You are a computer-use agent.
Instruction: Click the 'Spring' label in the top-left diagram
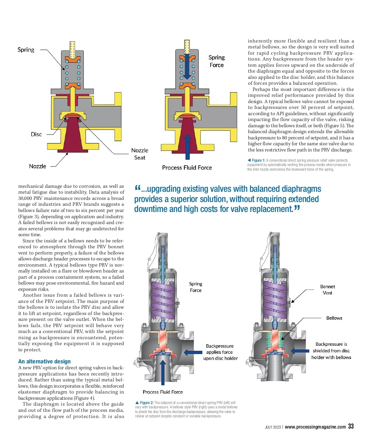[x=26, y=50]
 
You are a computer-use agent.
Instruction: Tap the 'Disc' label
[x=36, y=134]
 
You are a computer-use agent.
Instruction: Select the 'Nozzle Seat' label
[x=139, y=154]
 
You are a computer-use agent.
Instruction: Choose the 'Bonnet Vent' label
[x=327, y=290]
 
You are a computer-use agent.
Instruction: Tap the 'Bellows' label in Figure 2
[x=334, y=318]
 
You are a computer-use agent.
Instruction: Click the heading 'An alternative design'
[x=44, y=361]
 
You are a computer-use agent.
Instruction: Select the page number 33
[x=351, y=426]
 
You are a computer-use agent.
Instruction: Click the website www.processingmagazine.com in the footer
[x=315, y=427]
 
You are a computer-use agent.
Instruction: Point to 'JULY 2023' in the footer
[x=272, y=427]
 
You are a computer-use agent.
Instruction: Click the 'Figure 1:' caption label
[x=258, y=160]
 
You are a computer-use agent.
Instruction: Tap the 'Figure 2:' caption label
[x=146, y=402]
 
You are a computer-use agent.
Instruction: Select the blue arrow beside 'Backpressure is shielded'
[x=300, y=351]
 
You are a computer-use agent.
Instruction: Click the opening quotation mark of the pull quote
[x=138, y=188]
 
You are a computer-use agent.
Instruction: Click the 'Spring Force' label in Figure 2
[x=196, y=287]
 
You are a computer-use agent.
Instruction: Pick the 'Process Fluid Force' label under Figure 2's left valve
[x=163, y=392]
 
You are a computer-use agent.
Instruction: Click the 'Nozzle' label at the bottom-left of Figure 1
[x=38, y=166]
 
